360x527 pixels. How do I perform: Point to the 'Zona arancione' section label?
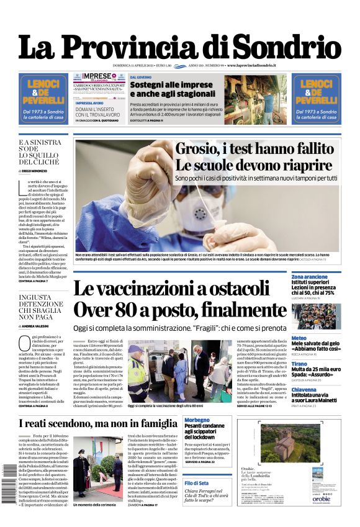[x=314, y=277]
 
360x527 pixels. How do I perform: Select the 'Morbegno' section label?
[x=198, y=420]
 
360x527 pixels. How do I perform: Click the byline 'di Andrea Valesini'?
[x=39, y=325]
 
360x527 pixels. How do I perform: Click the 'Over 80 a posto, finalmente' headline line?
[x=180, y=309]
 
